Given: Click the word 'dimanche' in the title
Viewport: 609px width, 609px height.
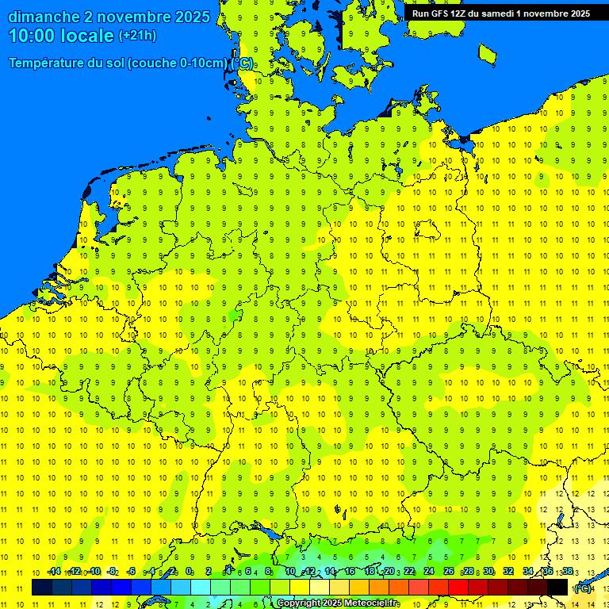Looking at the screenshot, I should click(x=44, y=17).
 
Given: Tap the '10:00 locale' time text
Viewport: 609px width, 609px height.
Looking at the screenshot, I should click(x=60, y=36).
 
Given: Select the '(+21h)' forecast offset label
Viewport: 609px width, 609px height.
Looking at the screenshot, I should click(x=137, y=36).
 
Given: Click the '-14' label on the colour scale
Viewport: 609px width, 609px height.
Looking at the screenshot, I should click(x=54, y=572).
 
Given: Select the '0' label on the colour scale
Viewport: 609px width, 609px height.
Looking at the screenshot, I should click(x=189, y=572).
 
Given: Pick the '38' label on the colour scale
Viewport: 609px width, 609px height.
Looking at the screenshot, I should click(x=567, y=572).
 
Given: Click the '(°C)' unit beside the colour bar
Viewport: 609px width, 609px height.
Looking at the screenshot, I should click(x=583, y=588).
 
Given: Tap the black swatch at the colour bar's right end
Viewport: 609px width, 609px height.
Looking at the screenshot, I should click(x=557, y=588).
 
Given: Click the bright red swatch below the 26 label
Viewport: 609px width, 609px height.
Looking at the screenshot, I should click(x=458, y=588).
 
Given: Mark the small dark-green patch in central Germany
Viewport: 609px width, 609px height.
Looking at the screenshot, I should click(x=235, y=316).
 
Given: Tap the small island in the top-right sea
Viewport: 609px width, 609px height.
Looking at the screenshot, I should click(x=487, y=53).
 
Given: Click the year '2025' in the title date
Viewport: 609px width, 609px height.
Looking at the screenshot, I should click(x=191, y=17).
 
